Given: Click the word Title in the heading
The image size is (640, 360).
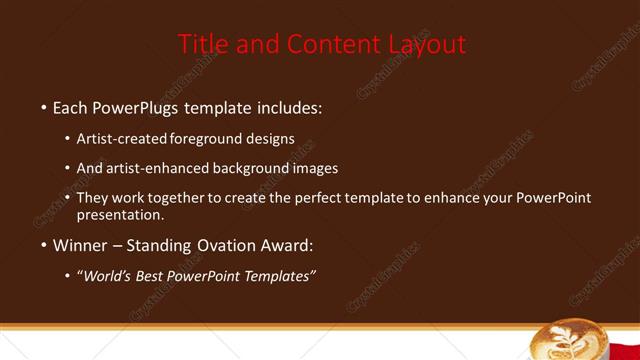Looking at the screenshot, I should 200,44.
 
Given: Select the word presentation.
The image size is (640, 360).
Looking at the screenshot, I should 119,214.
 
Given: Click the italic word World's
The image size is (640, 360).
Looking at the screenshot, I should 108,276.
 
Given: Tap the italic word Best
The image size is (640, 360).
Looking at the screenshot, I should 154,276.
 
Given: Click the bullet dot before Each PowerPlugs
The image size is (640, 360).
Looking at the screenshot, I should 44,107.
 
